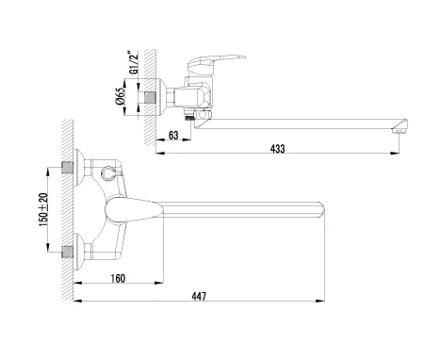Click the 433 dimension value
pos(278,148)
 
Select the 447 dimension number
pos(199,296)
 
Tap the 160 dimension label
pos(118,278)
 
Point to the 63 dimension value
pos(173,135)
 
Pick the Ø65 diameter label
pos(121,97)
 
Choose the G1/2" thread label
pos(134,62)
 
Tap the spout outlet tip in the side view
pos(400,126)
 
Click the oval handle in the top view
pos(134,210)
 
